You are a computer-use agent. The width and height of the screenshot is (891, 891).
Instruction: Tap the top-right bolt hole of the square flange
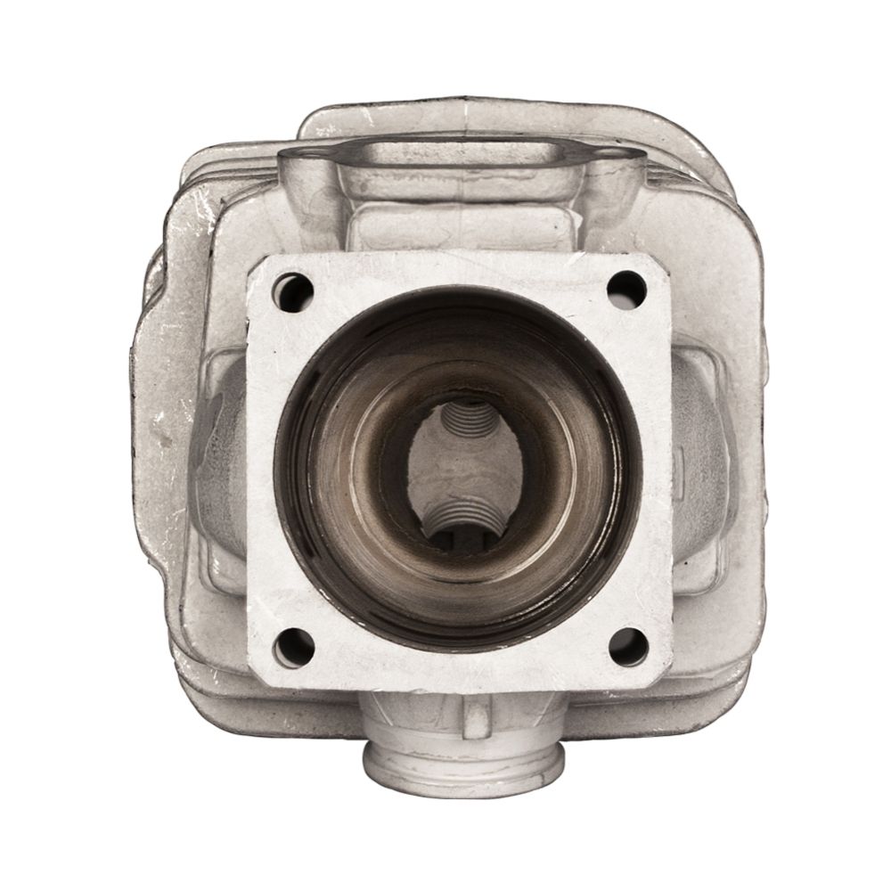[626, 287]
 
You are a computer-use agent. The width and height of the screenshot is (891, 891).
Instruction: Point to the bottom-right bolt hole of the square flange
[628, 645]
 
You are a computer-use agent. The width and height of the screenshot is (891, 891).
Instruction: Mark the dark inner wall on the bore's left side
[307, 463]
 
